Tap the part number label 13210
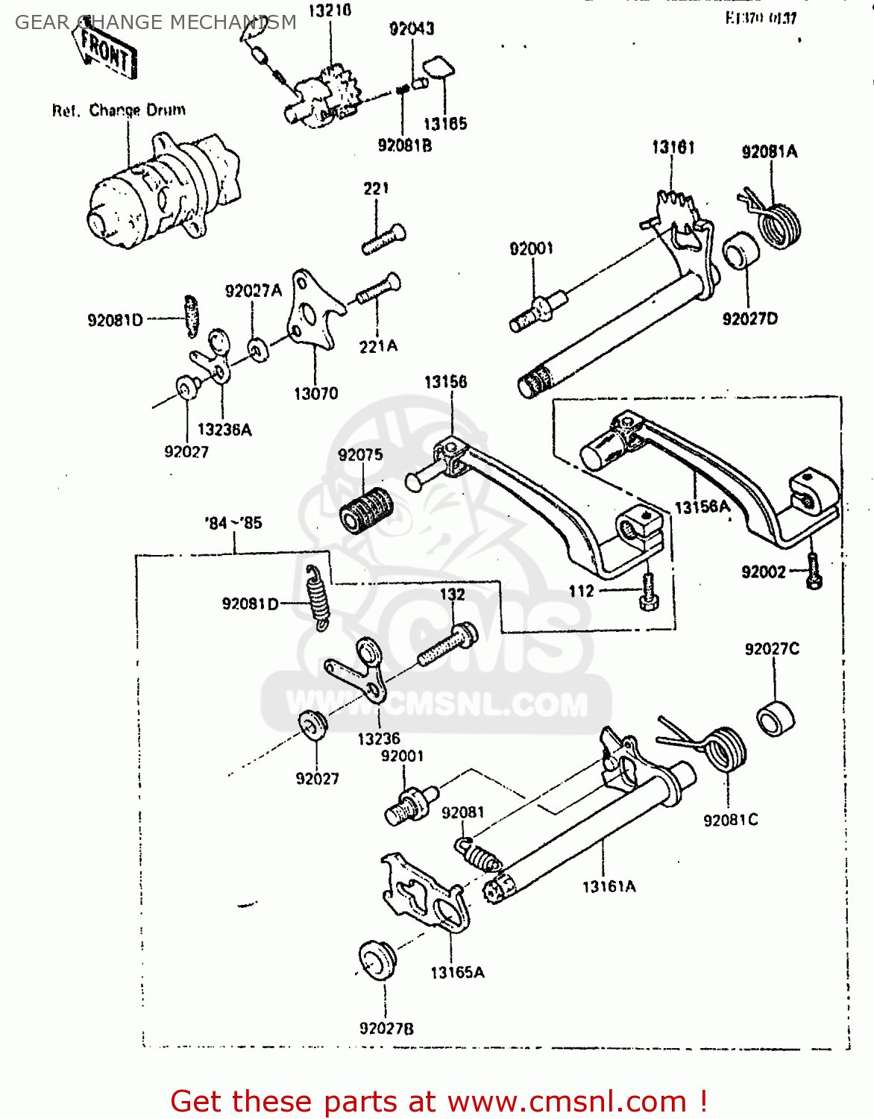point(330,11)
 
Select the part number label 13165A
point(457,973)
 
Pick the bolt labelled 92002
point(814,572)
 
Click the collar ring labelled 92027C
point(776,718)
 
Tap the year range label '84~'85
point(233,523)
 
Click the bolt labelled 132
point(447,645)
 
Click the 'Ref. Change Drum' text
point(119,110)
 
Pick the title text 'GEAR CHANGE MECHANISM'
point(156,22)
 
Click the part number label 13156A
point(701,507)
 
